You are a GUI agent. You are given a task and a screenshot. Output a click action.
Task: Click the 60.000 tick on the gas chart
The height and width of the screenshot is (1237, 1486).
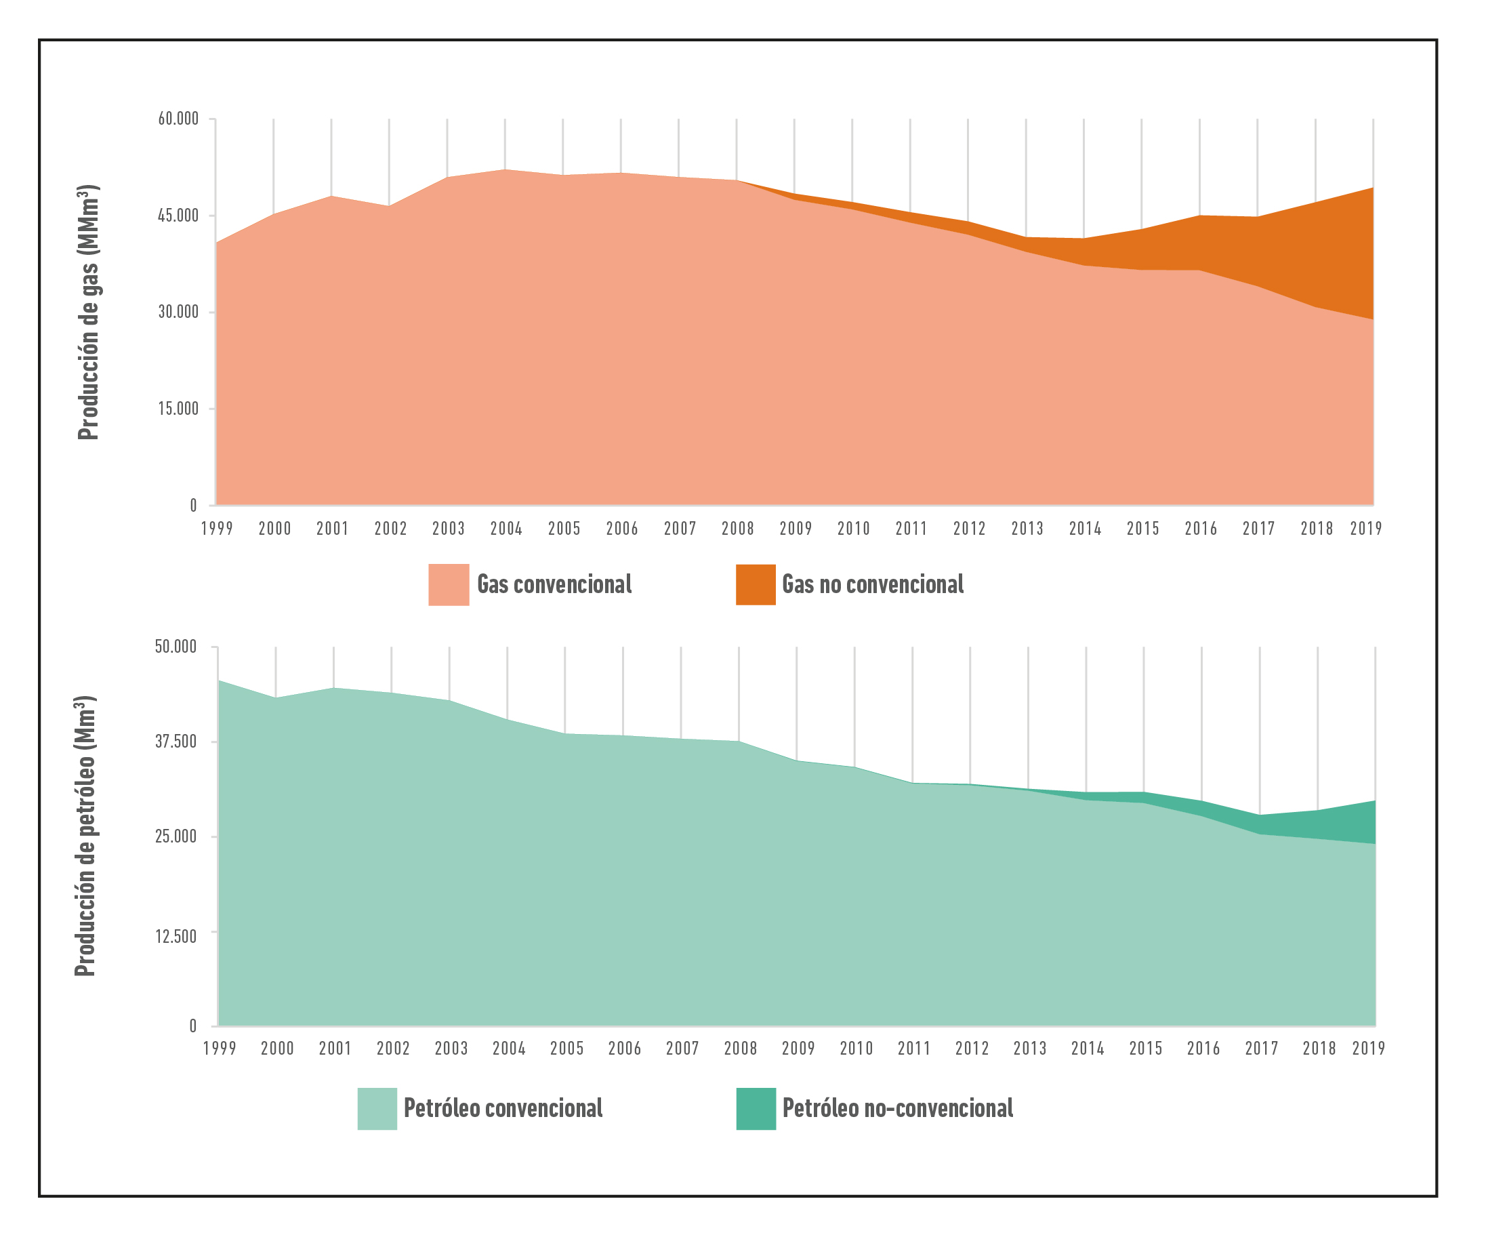178,119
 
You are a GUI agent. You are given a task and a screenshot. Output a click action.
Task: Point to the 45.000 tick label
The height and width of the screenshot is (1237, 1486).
178,216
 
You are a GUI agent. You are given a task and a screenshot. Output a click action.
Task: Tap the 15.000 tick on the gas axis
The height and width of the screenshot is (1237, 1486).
178,409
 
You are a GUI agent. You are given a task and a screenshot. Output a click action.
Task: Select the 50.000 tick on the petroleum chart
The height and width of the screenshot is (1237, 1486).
176,647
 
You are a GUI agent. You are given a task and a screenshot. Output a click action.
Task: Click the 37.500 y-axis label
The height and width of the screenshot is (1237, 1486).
176,742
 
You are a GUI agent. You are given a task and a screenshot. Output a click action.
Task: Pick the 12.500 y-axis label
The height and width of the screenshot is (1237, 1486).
176,936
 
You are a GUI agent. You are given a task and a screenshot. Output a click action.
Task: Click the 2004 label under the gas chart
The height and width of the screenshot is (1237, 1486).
506,529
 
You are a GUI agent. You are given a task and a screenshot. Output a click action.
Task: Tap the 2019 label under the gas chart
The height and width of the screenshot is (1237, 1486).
1365,529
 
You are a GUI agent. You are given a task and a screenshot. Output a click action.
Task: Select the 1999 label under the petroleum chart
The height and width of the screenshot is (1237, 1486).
220,1048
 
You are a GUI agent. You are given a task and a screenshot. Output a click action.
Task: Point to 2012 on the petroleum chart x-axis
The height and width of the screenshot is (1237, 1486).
972,1048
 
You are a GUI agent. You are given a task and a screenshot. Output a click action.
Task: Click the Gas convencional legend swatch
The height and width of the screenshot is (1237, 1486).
449,584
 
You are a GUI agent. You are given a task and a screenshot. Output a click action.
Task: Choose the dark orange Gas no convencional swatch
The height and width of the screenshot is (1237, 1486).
756,584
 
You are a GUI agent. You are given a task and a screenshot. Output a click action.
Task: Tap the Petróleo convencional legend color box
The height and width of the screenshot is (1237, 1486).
377,1108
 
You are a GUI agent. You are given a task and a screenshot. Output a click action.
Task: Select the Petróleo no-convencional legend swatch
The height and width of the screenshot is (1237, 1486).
756,1108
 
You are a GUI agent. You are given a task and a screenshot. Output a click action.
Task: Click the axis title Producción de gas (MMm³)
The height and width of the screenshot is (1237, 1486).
89,312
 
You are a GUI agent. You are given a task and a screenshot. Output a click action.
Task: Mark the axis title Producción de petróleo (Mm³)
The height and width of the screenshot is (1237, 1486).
85,836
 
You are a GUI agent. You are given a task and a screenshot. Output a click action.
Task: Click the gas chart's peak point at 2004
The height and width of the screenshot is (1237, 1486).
505,170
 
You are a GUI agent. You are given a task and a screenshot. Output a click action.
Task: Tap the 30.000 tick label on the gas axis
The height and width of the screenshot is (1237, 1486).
178,312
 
